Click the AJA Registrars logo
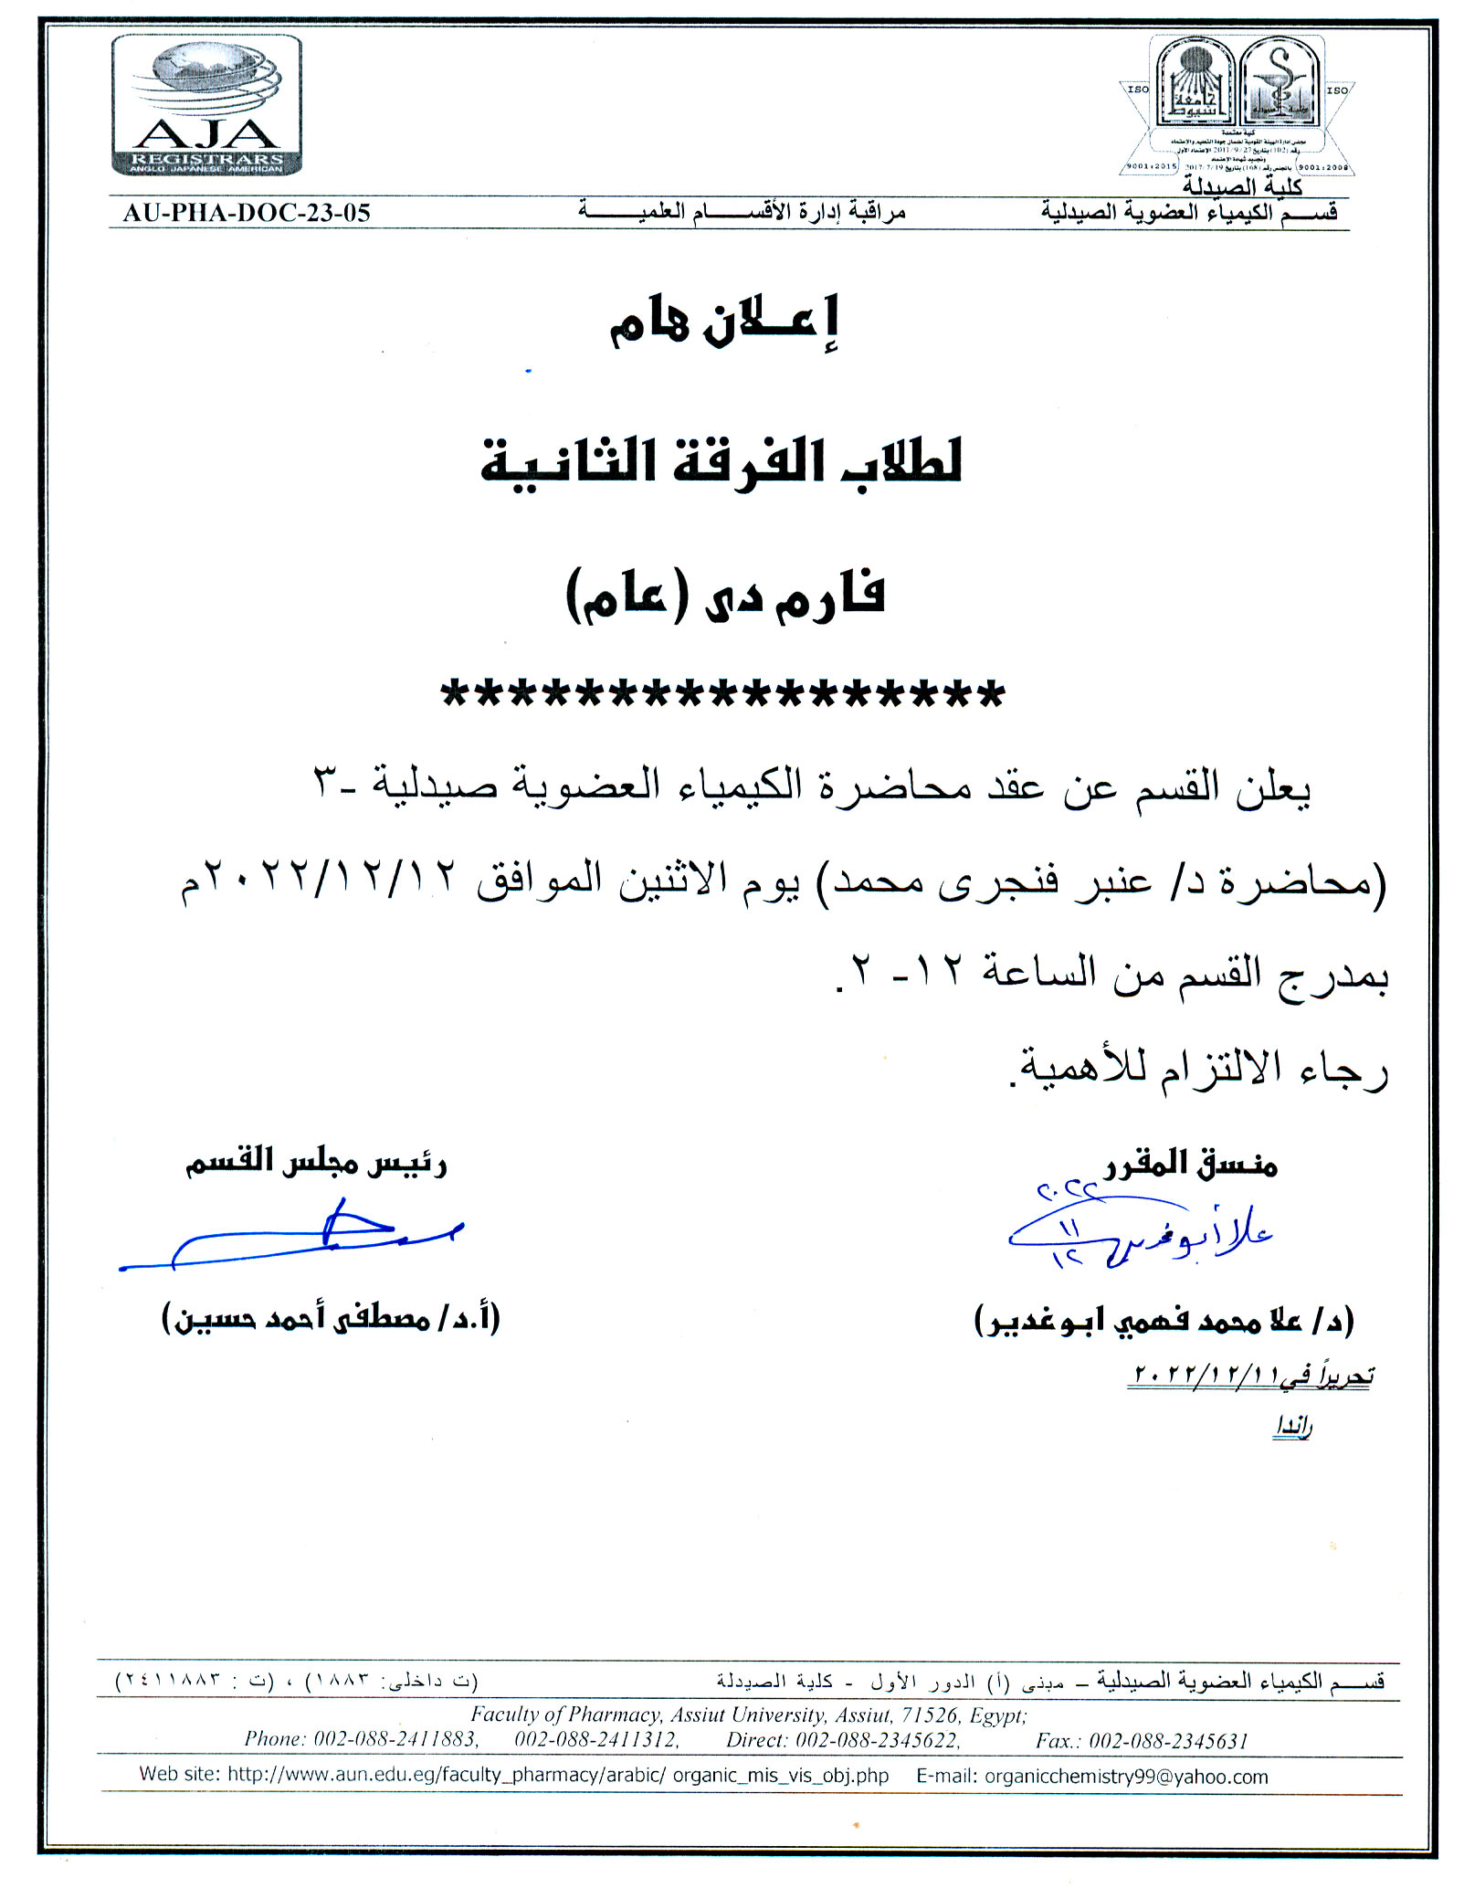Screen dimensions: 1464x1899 (x=206, y=105)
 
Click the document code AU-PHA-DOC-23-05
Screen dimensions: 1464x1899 (x=247, y=214)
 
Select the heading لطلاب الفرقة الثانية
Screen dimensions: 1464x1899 (x=721, y=462)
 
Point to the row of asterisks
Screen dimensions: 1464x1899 (x=722, y=695)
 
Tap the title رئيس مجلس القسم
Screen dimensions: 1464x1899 (x=315, y=1162)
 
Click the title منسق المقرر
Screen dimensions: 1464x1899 (x=1191, y=1164)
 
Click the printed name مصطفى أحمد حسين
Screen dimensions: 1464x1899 (x=331, y=1318)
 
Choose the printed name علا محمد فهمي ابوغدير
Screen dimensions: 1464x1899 (x=1164, y=1320)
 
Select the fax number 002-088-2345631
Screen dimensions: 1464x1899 (x=1168, y=1741)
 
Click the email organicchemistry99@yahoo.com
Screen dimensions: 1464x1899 (x=1126, y=1777)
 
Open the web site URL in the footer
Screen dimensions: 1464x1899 (x=557, y=1777)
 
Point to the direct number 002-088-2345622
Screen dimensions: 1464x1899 (x=877, y=1741)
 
